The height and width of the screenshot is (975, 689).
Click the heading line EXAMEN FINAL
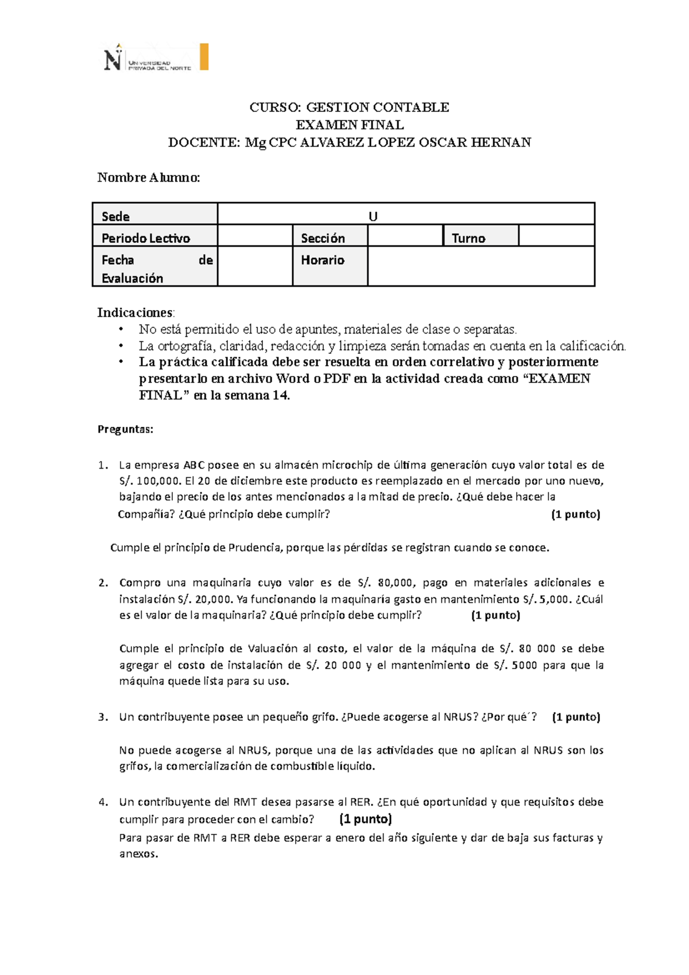349,125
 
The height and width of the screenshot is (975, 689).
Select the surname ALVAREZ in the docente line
331,142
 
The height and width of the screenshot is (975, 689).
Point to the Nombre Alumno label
149,177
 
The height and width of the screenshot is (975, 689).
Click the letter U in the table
373,216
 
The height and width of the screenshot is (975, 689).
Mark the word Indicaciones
134,312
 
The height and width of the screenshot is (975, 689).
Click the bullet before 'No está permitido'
121,330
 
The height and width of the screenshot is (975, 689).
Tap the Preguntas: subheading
126,430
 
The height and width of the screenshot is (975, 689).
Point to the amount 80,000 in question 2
395,583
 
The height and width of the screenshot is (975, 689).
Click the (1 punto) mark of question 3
576,717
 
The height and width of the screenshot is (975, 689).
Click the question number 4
103,802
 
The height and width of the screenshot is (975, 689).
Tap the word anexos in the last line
138,854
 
